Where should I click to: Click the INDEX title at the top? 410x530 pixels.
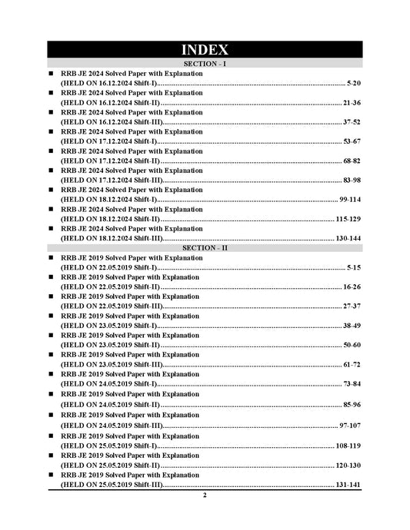[205, 50]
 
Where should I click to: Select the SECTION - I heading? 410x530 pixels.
[205, 64]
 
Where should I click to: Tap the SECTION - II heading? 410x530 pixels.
[205, 249]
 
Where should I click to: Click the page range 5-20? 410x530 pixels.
[354, 82]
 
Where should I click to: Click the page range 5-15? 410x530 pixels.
[354, 267]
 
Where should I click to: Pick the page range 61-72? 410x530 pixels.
[352, 364]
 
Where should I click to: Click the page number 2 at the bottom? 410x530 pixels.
[205, 495]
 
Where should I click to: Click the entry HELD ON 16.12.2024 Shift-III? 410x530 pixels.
[111, 121]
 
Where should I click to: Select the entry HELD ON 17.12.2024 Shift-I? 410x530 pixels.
[108, 141]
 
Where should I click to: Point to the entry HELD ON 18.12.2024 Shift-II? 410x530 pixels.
[109, 219]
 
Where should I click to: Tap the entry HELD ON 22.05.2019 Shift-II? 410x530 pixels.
[109, 287]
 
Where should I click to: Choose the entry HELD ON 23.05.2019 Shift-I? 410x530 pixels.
[108, 326]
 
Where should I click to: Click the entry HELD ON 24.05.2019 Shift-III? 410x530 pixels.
[111, 426]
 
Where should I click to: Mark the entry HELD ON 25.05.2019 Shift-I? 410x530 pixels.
[108, 446]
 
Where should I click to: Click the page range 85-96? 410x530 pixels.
[352, 404]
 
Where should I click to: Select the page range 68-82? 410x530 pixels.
[352, 161]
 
